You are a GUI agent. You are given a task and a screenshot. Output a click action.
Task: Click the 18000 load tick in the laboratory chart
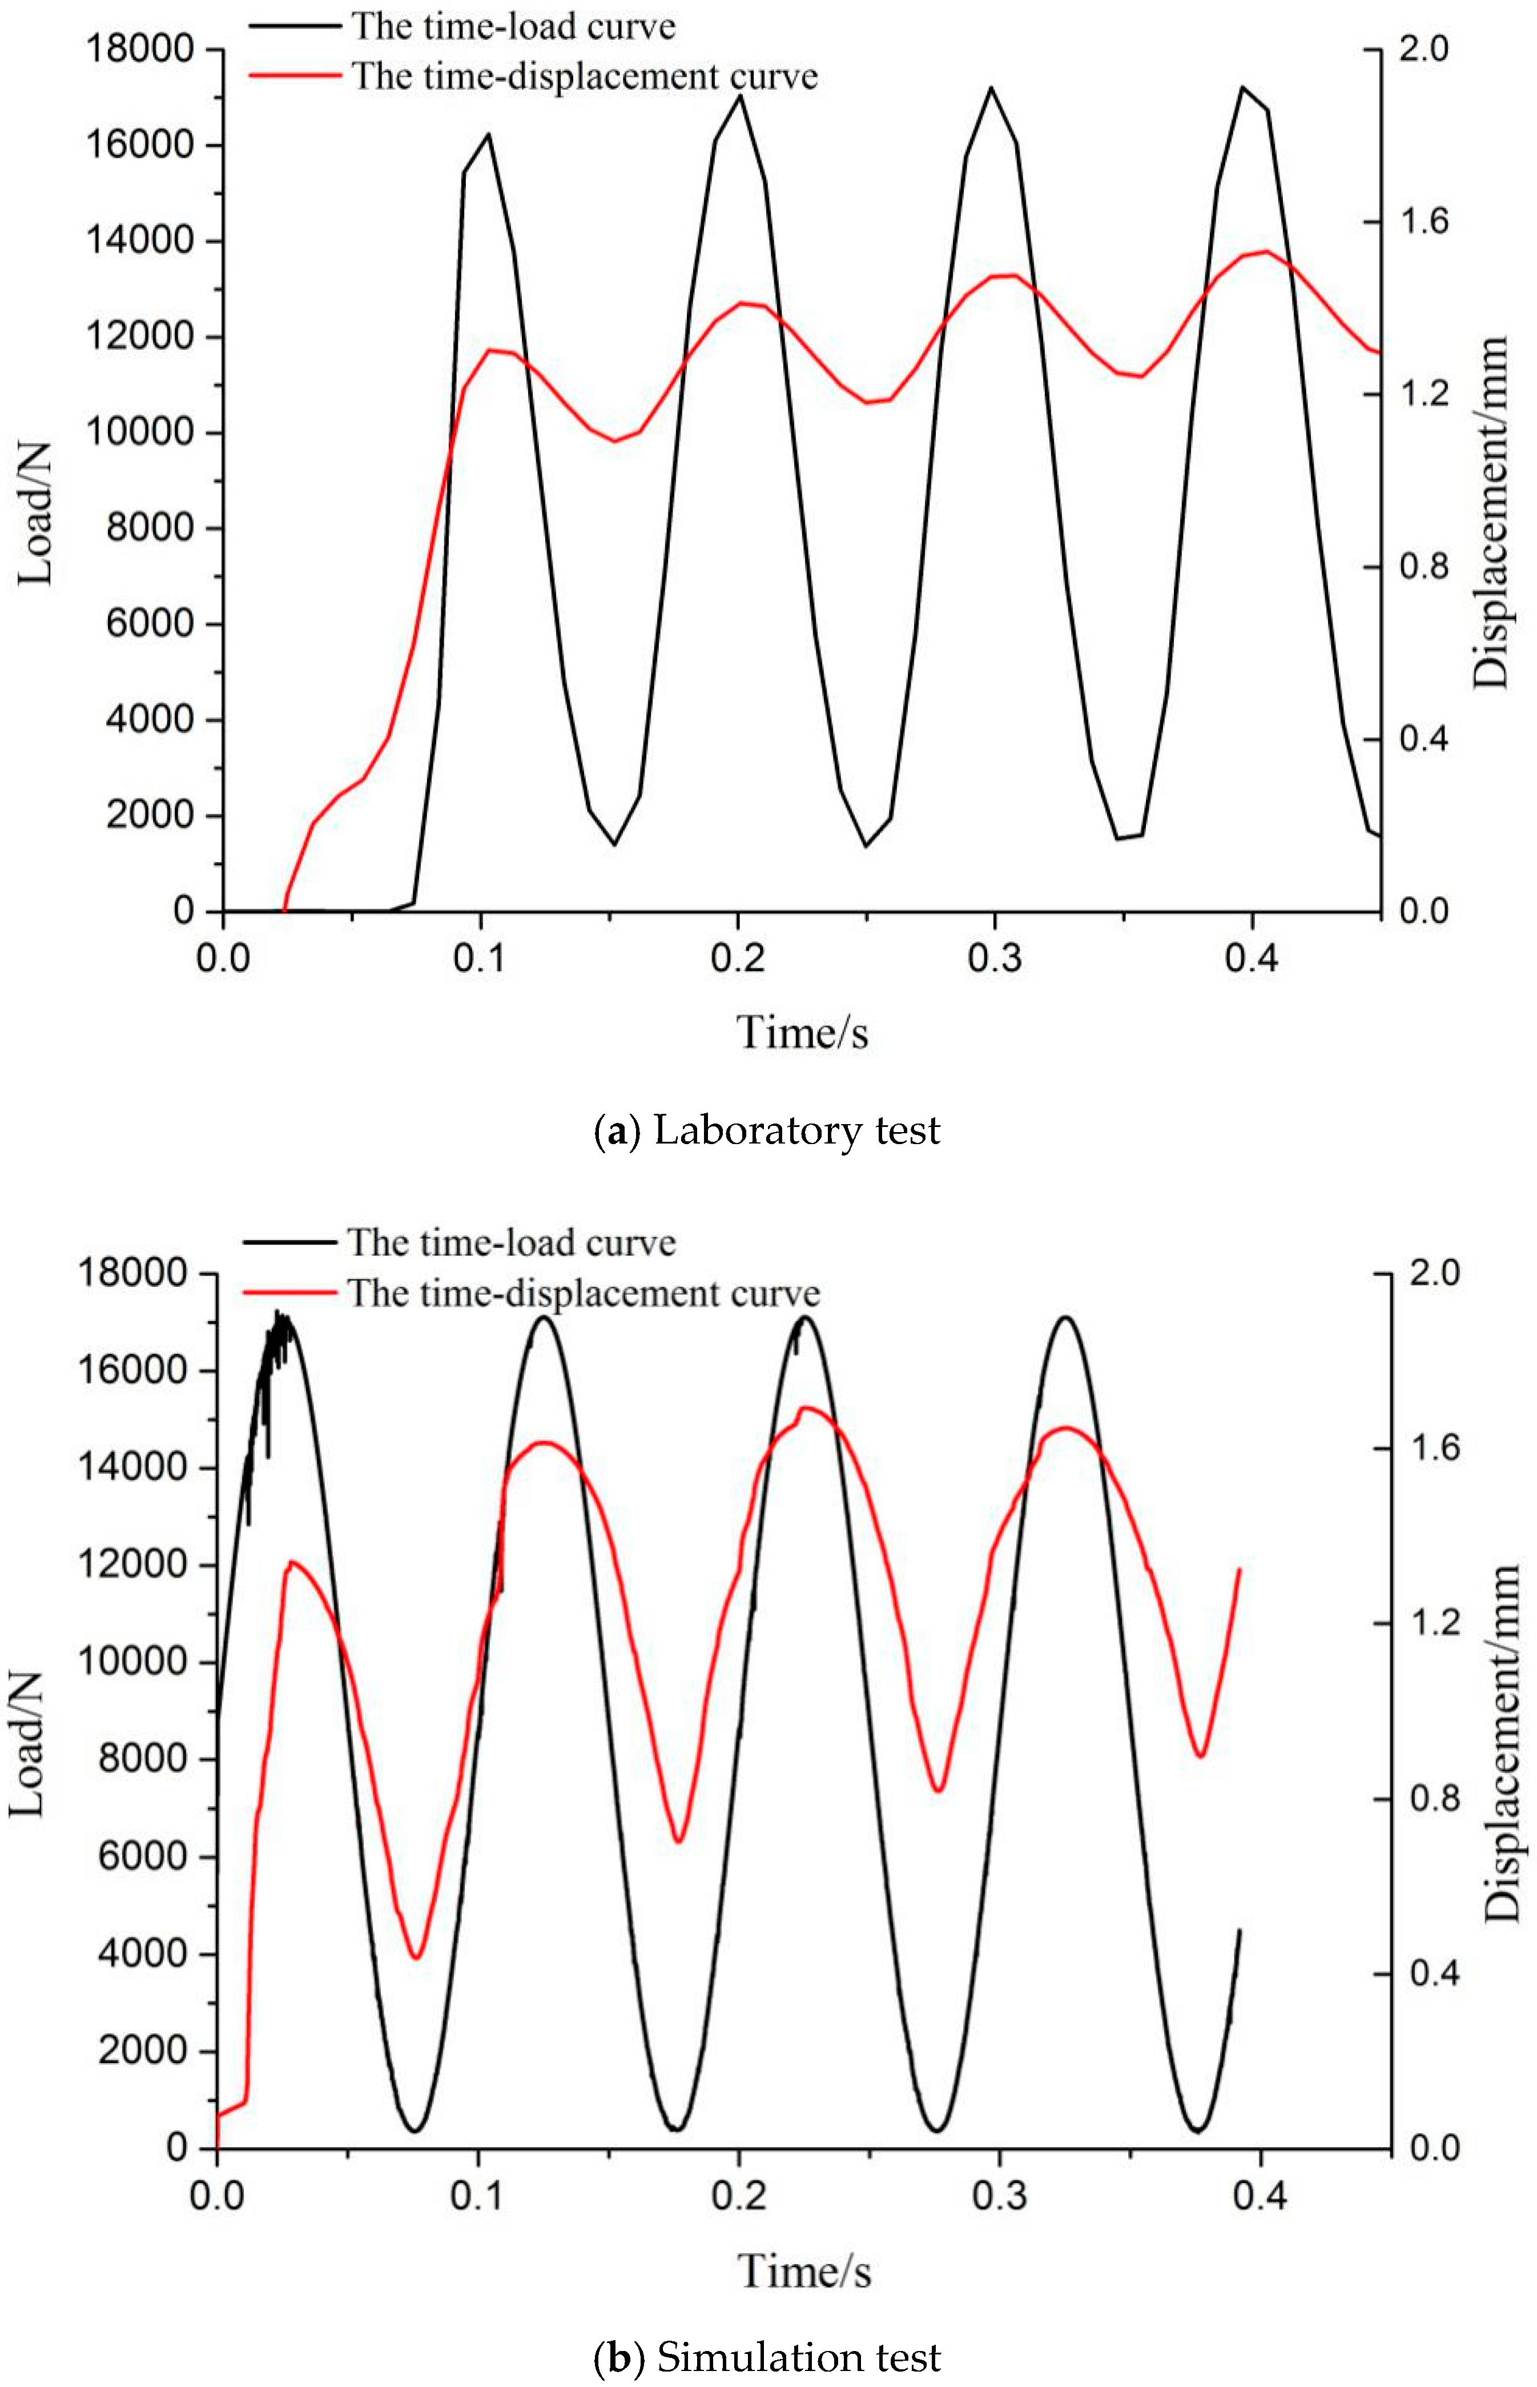[140, 48]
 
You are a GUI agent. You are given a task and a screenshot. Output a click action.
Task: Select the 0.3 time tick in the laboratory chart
[995, 958]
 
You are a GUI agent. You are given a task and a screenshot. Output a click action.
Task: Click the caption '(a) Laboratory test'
[767, 1131]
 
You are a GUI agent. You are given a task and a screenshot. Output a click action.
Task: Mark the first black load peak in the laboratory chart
[489, 134]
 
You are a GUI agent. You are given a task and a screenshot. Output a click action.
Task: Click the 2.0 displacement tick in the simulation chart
[1434, 1273]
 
